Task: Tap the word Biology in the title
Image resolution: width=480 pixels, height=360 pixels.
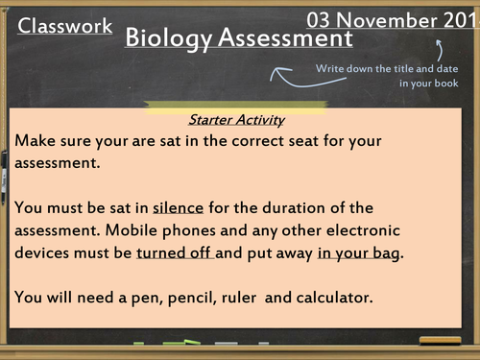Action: (x=168, y=38)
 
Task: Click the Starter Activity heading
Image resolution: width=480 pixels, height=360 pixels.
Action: (x=239, y=120)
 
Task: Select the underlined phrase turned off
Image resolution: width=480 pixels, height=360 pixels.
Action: (x=175, y=253)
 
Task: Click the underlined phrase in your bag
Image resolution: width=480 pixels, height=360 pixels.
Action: (x=360, y=253)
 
